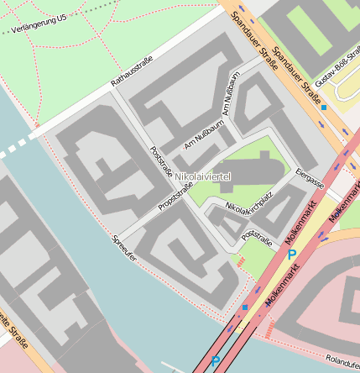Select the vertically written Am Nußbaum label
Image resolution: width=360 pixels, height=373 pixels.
coord(231,93)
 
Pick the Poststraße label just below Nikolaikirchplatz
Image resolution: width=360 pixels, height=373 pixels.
coord(257,238)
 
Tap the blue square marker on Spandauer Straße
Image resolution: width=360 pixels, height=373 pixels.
coord(324,108)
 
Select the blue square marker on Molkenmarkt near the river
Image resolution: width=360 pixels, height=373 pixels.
coord(245,308)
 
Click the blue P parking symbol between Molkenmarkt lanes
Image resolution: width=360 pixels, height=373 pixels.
coord(291,254)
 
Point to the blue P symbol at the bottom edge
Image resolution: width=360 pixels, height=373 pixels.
coord(216,362)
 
